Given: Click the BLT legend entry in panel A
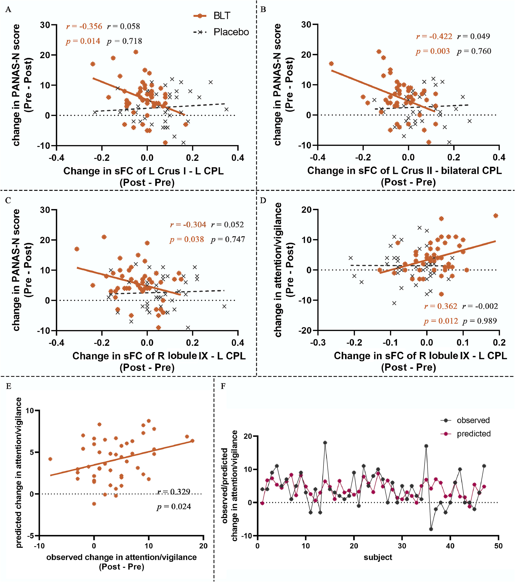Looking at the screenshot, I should [x=212, y=16].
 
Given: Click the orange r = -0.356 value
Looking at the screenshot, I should [x=84, y=26].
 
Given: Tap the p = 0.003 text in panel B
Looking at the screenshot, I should [x=433, y=51].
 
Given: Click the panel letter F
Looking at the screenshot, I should [x=223, y=386].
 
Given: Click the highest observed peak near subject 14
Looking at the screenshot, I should [x=325, y=443].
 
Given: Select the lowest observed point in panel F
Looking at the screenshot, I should [x=431, y=529].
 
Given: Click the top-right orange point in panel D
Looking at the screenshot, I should [x=496, y=215].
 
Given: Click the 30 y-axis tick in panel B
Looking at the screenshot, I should [x=306, y=25].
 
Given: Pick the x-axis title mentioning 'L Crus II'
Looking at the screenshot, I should [x=405, y=171].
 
